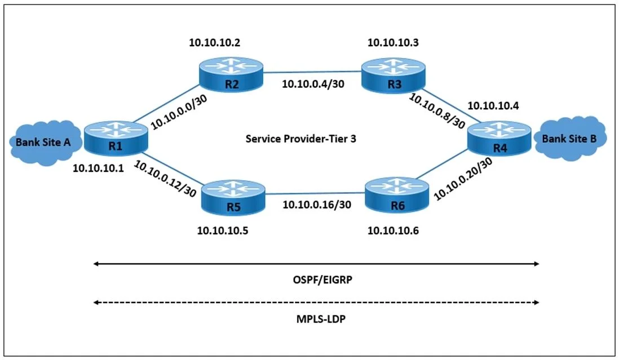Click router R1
coord(116,139)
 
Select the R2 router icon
coord(231,74)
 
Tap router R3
coord(393,75)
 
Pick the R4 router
coord(499,139)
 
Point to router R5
coord(233,198)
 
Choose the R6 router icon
coord(397,195)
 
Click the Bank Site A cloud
coord(44,143)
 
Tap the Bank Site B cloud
coord(570,139)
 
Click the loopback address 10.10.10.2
coord(214,43)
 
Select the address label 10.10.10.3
coord(393,43)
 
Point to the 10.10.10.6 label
coord(393,230)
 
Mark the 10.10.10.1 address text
coord(98,168)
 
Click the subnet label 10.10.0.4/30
coord(313,84)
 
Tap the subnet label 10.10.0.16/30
coord(317,205)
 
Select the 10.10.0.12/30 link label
coord(165,179)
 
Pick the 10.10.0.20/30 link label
coord(463,179)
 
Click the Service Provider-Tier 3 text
coord(301,139)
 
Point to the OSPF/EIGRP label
coord(322,280)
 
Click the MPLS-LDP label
coord(321,319)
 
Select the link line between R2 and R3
coord(312,72)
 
